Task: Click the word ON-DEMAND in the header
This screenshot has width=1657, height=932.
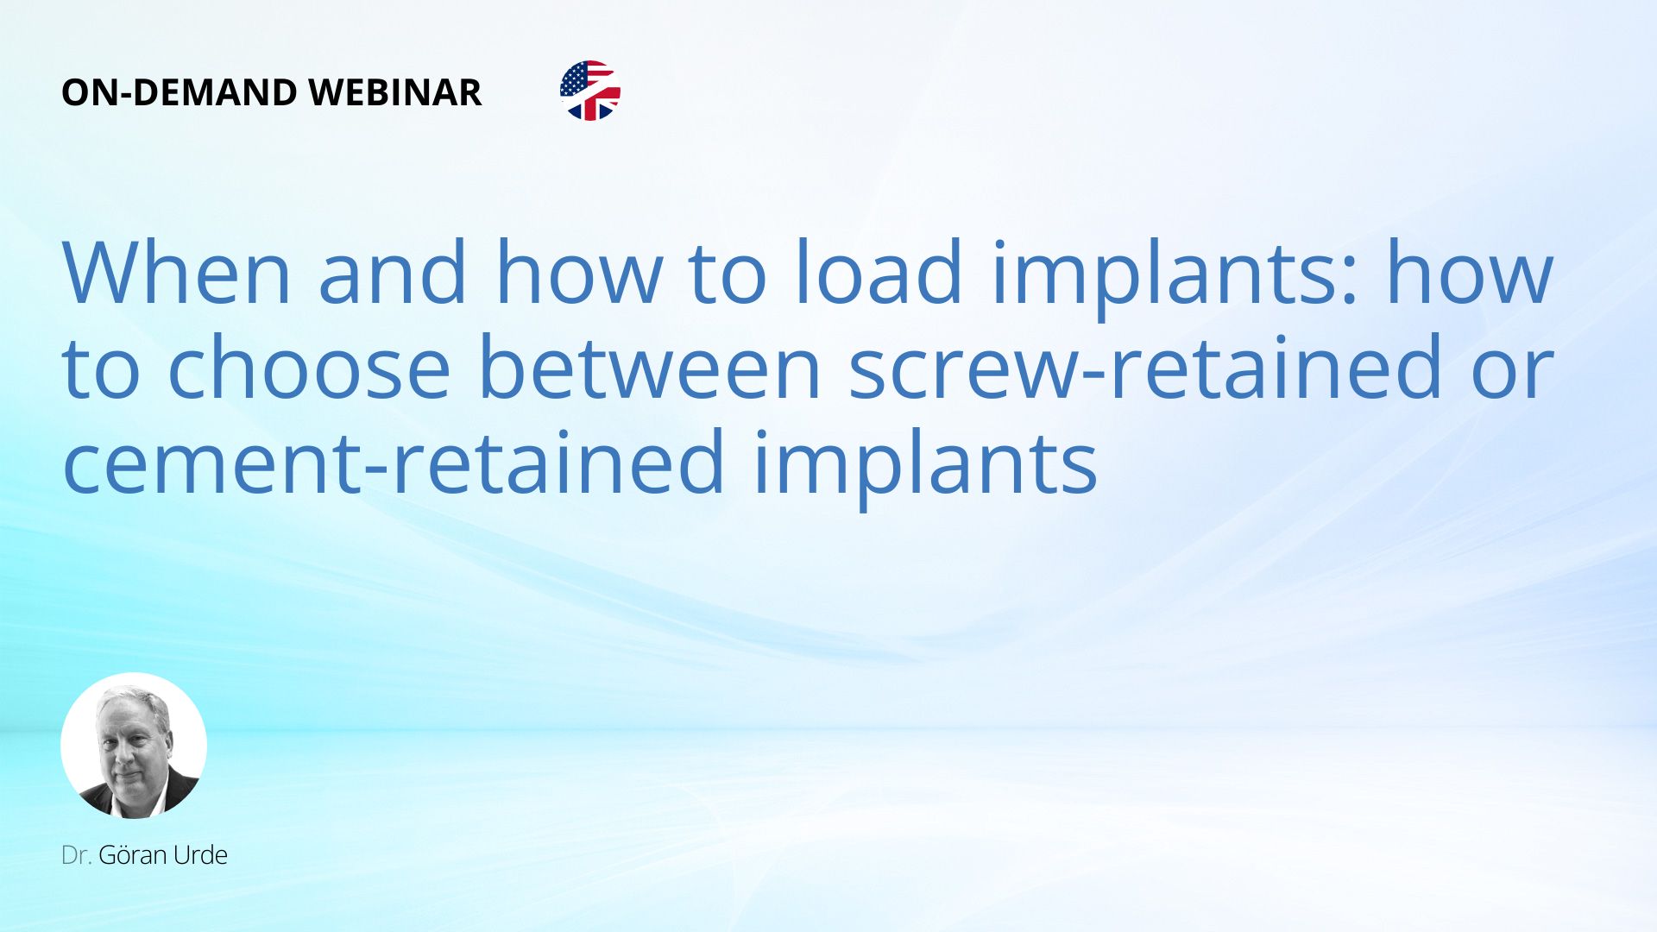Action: pos(180,92)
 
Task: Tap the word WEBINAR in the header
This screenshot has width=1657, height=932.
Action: pos(395,92)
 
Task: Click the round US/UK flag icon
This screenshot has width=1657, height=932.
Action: pos(590,91)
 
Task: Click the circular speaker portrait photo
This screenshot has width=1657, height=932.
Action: pos(134,746)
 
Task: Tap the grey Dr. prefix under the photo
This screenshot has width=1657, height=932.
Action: pos(77,855)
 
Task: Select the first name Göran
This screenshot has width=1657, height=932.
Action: pos(133,855)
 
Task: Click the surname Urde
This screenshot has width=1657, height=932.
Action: pos(200,855)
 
